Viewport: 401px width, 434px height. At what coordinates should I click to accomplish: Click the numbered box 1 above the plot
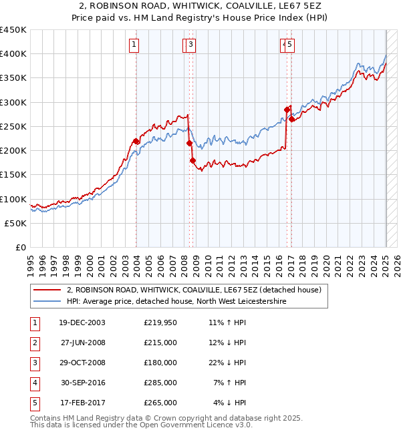(x=134, y=45)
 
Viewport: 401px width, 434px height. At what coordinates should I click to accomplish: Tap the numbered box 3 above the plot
(x=191, y=45)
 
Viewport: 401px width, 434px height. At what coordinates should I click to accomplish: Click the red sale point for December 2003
(x=136, y=141)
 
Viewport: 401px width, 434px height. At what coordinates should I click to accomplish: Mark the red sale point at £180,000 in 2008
(x=192, y=160)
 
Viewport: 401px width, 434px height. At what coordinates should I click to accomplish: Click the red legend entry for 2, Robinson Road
(x=194, y=290)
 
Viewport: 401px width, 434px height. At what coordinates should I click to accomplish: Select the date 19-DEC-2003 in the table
(x=82, y=322)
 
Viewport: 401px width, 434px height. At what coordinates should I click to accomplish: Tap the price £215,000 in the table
(x=160, y=343)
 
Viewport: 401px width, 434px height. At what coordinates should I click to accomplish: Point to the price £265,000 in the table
(x=160, y=403)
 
